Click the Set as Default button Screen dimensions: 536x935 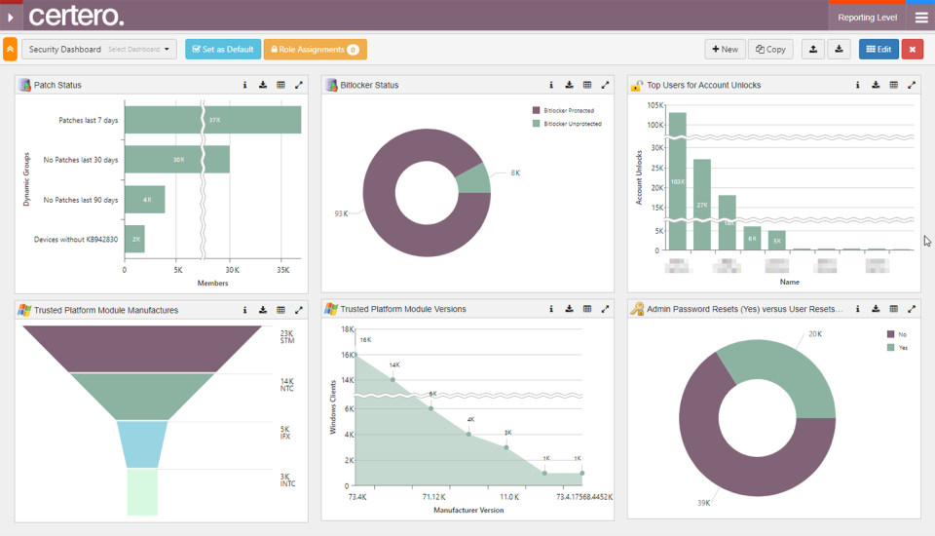pyautogui.click(x=222, y=49)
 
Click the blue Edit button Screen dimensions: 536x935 pyautogui.click(x=879, y=49)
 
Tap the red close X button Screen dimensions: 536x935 pyautogui.click(x=913, y=49)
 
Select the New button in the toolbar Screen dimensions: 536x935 pyautogui.click(x=725, y=49)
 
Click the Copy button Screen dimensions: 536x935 pyautogui.click(x=770, y=49)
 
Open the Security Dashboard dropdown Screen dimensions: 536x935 pyautogui.click(x=98, y=49)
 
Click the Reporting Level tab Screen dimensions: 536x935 pyautogui.click(x=867, y=18)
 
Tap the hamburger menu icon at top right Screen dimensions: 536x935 pyautogui.click(x=921, y=18)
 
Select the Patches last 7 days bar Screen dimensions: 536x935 pyautogui.click(x=212, y=120)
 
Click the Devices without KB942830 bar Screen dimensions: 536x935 pyautogui.click(x=134, y=239)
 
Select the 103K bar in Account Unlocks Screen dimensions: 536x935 pyautogui.click(x=677, y=180)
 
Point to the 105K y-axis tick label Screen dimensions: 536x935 pyautogui.click(x=655, y=105)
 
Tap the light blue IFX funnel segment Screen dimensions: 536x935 pyautogui.click(x=142, y=443)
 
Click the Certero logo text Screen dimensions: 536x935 pyautogui.click(x=76, y=17)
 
